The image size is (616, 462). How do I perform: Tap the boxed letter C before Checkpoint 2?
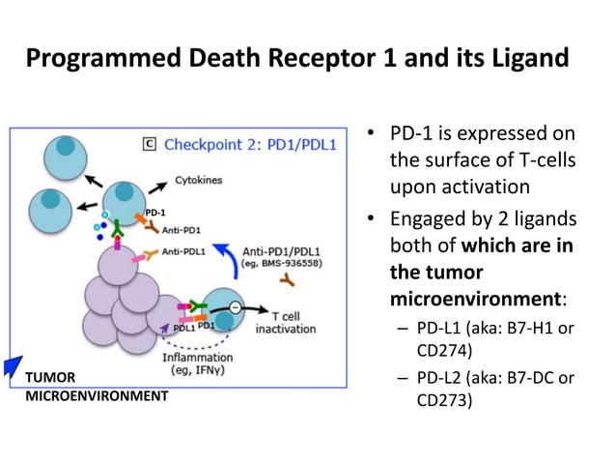click(150, 144)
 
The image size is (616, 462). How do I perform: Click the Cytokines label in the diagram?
click(197, 180)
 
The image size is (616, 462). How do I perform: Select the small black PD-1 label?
click(155, 211)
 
